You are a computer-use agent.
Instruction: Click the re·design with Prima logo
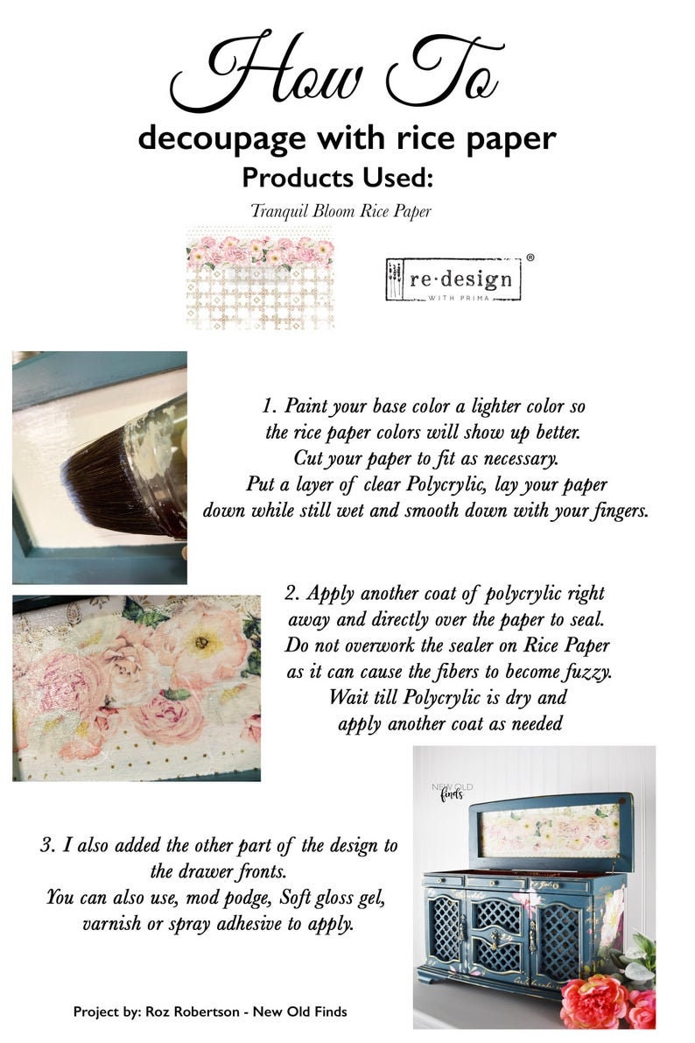453,278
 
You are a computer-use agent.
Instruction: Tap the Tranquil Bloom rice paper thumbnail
260,277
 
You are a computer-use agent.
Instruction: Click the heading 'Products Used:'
337,178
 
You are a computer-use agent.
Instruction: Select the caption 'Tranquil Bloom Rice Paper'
340,211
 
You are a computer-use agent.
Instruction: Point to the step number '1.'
270,407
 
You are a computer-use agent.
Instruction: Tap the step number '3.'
48,846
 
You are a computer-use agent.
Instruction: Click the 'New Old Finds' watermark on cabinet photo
453,790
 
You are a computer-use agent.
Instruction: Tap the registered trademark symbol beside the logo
530,258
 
